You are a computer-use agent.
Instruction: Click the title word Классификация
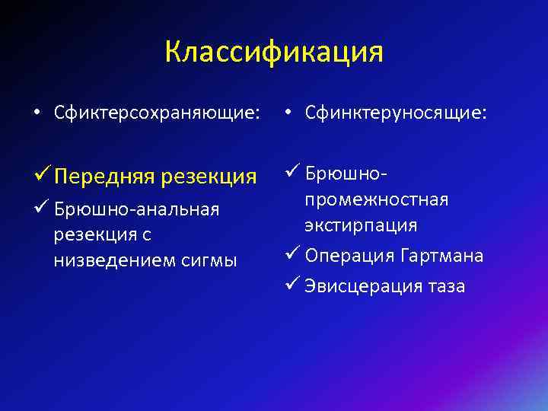(274, 53)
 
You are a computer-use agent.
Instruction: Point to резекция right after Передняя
(211, 177)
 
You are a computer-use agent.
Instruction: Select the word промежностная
(376, 199)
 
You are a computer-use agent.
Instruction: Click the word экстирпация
(361, 225)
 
